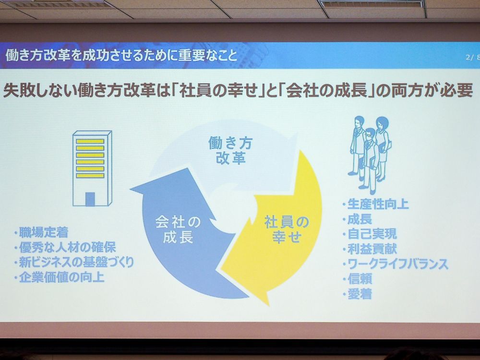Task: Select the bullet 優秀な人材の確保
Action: coord(65,247)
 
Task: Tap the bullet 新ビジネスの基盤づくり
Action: coord(74,263)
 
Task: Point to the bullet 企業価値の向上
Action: coord(59,277)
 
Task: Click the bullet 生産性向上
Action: coord(376,204)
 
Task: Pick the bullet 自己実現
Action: coord(370,234)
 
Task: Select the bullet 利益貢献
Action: coord(370,249)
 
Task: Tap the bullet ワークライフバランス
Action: coord(395,264)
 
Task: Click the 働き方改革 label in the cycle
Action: coord(230,151)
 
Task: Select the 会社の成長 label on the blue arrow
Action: coord(178,229)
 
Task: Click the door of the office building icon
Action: coord(90,199)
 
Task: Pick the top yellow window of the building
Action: coord(90,142)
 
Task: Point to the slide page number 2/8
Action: coord(473,57)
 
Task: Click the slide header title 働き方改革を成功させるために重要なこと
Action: coord(121,56)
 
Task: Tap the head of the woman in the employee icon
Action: coord(382,123)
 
